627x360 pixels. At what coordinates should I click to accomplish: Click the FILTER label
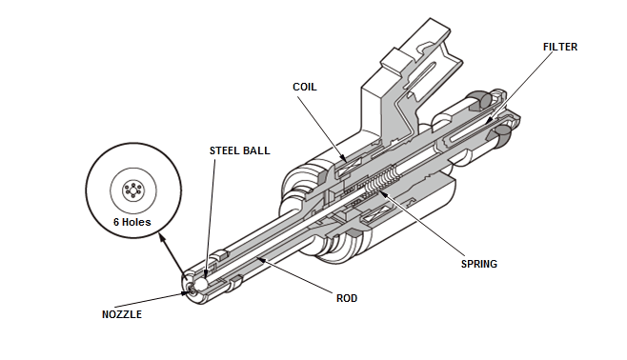pyautogui.click(x=560, y=47)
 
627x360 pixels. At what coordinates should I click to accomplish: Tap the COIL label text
pyautogui.click(x=305, y=87)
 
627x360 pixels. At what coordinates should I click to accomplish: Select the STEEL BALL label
pyautogui.click(x=240, y=150)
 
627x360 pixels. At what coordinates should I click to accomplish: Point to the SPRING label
pyautogui.click(x=479, y=264)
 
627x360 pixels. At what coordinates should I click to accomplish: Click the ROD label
pyautogui.click(x=347, y=298)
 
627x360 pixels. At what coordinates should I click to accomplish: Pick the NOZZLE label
pyautogui.click(x=122, y=314)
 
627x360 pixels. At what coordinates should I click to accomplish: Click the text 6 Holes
pyautogui.click(x=132, y=222)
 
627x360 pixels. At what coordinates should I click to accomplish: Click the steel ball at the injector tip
pyautogui.click(x=201, y=283)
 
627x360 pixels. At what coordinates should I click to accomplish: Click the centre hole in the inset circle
pyautogui.click(x=132, y=190)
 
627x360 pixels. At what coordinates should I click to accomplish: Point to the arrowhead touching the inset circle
pyautogui.click(x=161, y=236)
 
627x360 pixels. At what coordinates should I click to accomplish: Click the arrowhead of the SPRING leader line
pyautogui.click(x=382, y=194)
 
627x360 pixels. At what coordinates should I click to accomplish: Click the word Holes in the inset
pyautogui.click(x=136, y=222)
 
